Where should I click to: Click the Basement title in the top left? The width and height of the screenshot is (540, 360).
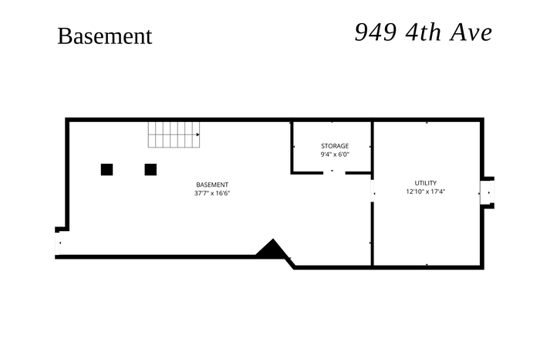click(105, 36)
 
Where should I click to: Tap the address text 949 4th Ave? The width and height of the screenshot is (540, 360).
click(424, 32)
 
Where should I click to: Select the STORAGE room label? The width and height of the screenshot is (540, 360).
click(335, 146)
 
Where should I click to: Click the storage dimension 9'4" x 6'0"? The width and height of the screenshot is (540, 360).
click(335, 155)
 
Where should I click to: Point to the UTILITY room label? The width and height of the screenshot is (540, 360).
click(426, 183)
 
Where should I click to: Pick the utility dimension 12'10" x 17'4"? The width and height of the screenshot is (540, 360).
click(426, 192)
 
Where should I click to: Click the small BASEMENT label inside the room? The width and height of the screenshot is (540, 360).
click(212, 185)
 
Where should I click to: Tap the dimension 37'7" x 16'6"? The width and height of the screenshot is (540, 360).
click(212, 193)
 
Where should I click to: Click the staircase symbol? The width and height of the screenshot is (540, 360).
click(174, 135)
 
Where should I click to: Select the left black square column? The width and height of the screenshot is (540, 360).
click(106, 170)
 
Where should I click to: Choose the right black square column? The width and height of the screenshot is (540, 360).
click(150, 170)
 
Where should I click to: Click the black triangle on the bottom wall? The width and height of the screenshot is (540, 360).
click(272, 248)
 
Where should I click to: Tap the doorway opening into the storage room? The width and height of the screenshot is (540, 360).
click(334, 172)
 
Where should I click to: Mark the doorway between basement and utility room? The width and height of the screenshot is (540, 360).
click(373, 190)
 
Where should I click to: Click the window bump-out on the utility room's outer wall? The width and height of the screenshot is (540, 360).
click(488, 192)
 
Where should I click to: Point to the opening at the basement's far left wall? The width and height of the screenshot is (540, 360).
click(58, 243)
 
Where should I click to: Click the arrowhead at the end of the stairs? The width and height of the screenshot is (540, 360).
click(197, 134)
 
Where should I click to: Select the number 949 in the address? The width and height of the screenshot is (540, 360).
click(376, 32)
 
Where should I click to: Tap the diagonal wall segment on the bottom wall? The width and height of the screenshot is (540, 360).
click(289, 262)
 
